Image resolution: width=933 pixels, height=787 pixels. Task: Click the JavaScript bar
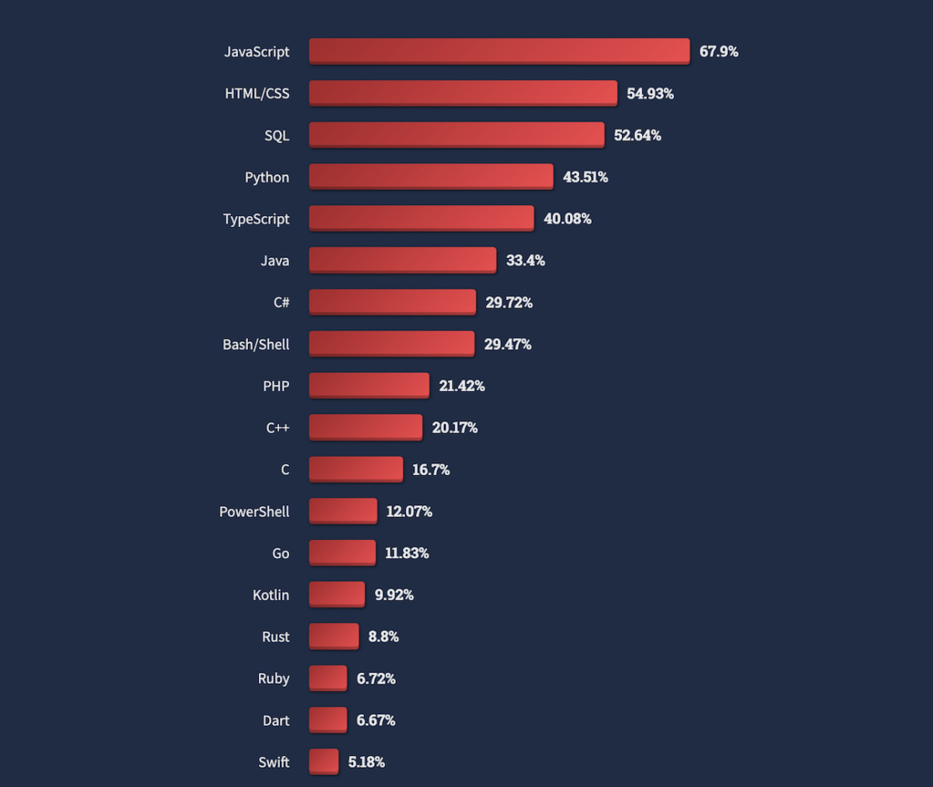tap(499, 51)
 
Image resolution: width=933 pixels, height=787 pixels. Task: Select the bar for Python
tap(431, 177)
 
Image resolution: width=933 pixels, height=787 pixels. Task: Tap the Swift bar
tap(324, 762)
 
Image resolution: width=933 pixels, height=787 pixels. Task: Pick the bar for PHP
tap(369, 385)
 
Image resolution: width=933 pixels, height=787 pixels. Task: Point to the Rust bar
tap(334, 636)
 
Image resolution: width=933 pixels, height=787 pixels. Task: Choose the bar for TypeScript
tap(421, 219)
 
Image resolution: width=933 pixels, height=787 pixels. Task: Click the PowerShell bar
tap(343, 510)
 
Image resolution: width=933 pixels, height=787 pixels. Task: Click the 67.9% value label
tap(719, 51)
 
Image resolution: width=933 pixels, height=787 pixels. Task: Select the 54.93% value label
tap(650, 93)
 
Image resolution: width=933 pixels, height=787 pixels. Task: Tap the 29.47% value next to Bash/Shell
tap(508, 344)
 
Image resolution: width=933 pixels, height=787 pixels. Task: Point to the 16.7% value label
tap(430, 469)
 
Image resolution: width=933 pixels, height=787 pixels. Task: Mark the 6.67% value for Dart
tap(376, 720)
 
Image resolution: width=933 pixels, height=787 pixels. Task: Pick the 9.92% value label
tap(394, 594)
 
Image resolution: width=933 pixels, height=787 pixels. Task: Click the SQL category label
tap(277, 135)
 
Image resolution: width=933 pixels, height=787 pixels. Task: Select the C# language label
tap(281, 302)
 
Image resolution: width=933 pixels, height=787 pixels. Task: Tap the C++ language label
tap(277, 427)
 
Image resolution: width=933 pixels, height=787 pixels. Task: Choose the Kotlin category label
tap(271, 594)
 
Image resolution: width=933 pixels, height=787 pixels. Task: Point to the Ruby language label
tap(273, 678)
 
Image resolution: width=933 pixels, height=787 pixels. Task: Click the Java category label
tap(275, 261)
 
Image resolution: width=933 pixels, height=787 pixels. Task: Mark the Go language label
tap(281, 552)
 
